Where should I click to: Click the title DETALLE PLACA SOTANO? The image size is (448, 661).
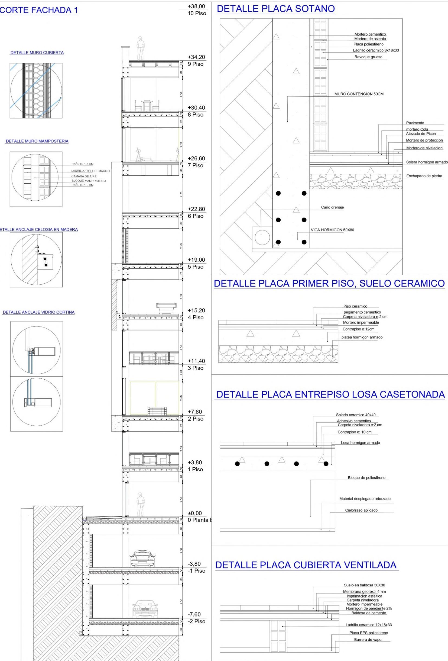tap(275, 9)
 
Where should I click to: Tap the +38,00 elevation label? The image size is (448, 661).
tap(196, 7)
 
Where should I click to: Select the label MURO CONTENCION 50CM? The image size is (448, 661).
tap(359, 94)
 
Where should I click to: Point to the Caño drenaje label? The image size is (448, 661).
tap(332, 207)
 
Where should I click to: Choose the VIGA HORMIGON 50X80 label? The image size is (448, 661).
tap(332, 230)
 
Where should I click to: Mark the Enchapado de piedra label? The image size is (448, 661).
tap(424, 176)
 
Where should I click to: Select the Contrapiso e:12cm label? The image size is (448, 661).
tap(358, 329)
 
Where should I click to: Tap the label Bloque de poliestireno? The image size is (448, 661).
tap(366, 477)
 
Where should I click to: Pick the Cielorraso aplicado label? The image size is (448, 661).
tap(361, 510)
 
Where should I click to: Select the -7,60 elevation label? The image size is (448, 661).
tap(194, 615)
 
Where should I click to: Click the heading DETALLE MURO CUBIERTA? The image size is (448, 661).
tap(37, 53)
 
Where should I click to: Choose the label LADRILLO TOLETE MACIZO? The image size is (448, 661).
tap(90, 171)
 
